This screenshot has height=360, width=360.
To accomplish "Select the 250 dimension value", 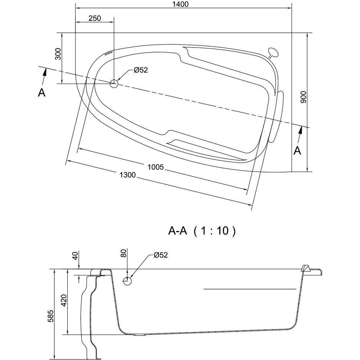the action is [95, 18].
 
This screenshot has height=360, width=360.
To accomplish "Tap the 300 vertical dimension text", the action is [58, 54].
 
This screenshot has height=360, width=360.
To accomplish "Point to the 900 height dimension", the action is [303, 97].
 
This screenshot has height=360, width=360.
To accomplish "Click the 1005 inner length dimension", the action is [156, 167].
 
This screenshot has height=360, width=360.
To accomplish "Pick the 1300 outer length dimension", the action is [128, 175].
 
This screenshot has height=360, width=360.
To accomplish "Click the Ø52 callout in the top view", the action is [141, 70].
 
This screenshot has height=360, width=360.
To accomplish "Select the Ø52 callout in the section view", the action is [161, 255].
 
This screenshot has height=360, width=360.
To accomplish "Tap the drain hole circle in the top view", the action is [114, 84].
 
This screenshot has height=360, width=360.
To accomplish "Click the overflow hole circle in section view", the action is [127, 281].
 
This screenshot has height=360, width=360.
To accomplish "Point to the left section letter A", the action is [41, 93].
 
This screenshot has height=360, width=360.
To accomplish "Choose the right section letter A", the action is [298, 151].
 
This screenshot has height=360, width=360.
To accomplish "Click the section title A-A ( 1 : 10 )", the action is [202, 231].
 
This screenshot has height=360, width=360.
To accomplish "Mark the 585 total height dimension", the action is [50, 316].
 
